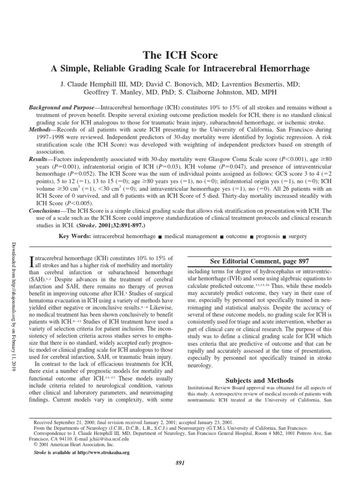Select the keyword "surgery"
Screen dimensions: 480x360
coord(298,236)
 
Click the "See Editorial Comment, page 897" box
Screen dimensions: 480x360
coord(260,261)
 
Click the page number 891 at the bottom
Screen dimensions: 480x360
coord(180,463)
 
